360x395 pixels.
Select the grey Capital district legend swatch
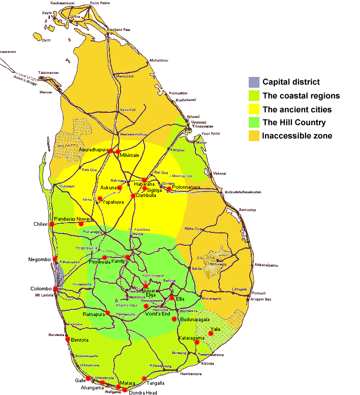[x=254, y=82]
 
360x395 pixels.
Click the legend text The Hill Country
[x=294, y=123]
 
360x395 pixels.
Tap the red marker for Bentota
[x=67, y=339]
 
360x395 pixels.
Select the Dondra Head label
[x=144, y=392]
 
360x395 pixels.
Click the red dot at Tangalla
[x=144, y=379]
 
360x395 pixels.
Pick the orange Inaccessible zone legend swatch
[x=254, y=136]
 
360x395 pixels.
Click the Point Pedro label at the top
[x=101, y=3]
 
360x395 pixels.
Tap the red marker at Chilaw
[x=52, y=224]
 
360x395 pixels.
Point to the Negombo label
[x=40, y=260]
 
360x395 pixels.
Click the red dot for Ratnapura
[x=108, y=313]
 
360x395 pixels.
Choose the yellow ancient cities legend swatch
[x=254, y=109]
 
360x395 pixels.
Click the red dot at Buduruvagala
[x=174, y=319]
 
